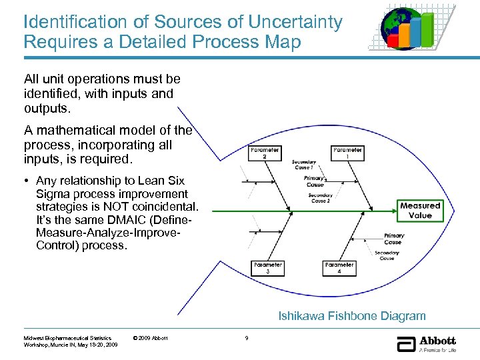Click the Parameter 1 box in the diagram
pyautogui.click(x=347, y=153)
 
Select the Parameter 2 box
pyautogui.click(x=264, y=153)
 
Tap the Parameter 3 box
pyautogui.click(x=267, y=268)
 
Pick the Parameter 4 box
pyautogui.click(x=339, y=268)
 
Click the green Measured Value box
pyautogui.click(x=420, y=211)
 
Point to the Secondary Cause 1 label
pyautogui.click(x=304, y=165)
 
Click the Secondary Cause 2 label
pyautogui.click(x=320, y=198)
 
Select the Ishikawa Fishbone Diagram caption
pyautogui.click(x=351, y=316)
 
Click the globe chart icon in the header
pyautogui.click(x=409, y=28)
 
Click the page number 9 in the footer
pyautogui.click(x=247, y=338)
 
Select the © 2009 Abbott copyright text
pyautogui.click(x=151, y=338)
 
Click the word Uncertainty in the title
pyautogui.click(x=295, y=22)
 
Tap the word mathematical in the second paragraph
pyautogui.click(x=87, y=131)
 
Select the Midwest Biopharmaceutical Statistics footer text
pyautogui.click(x=67, y=338)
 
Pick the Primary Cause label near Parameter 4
pyautogui.click(x=394, y=239)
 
